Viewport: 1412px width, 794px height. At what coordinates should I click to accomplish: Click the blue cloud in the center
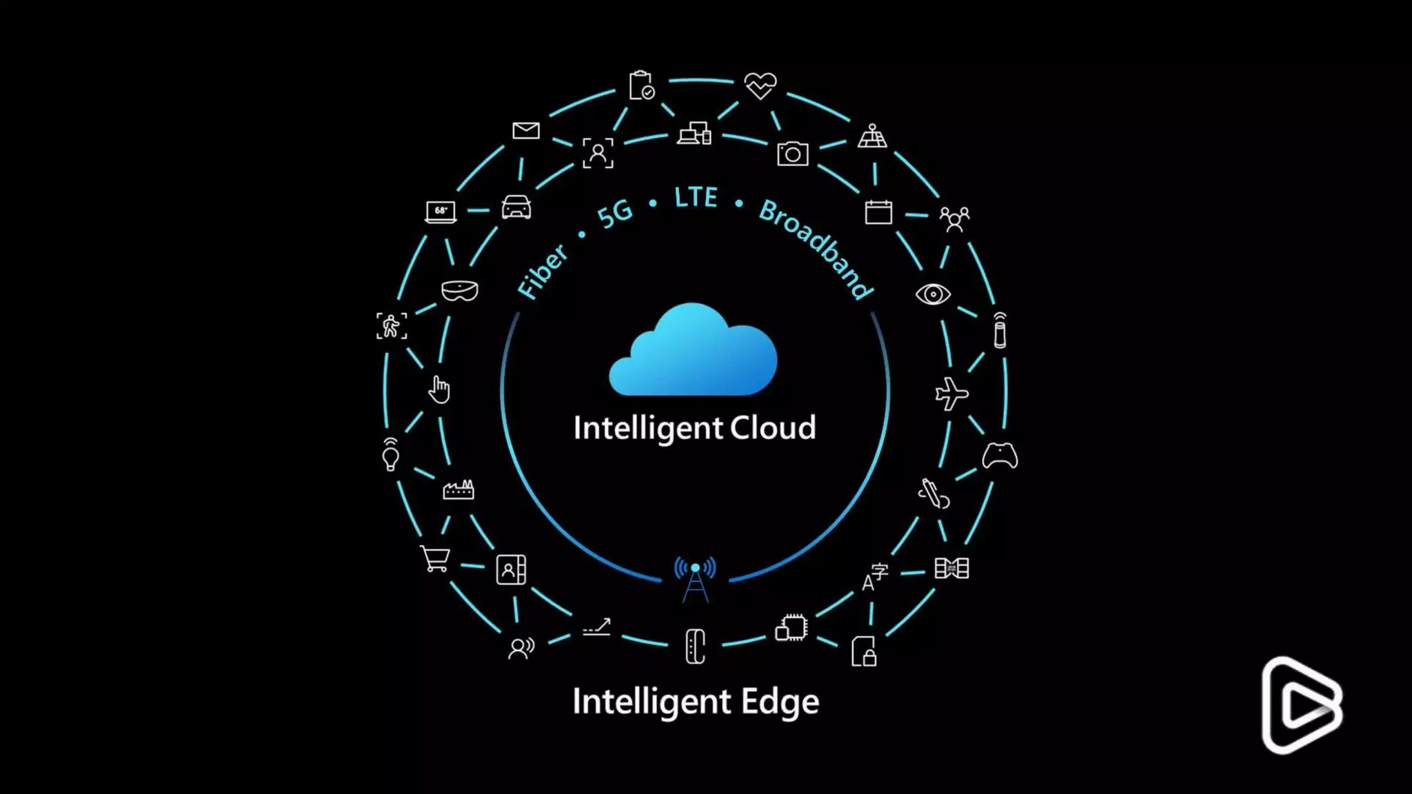pyautogui.click(x=693, y=353)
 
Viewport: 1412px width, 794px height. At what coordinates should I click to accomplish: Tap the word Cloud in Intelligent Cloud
pyautogui.click(x=773, y=428)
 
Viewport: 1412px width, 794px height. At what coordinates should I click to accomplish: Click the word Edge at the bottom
pyautogui.click(x=780, y=702)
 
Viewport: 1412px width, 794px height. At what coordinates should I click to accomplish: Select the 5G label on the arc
pyautogui.click(x=614, y=214)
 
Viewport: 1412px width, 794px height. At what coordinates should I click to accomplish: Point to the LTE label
pyautogui.click(x=696, y=198)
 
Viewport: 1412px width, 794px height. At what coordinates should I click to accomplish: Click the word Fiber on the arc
pyautogui.click(x=543, y=272)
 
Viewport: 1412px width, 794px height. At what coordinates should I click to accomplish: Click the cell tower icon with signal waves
pyautogui.click(x=695, y=579)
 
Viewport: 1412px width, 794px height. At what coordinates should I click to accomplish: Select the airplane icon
pyautogui.click(x=951, y=394)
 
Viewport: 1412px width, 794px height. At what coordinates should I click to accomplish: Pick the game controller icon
pyautogui.click(x=1000, y=456)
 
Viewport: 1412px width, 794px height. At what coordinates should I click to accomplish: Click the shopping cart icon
pyautogui.click(x=435, y=558)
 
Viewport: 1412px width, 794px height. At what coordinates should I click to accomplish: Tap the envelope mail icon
pyautogui.click(x=526, y=130)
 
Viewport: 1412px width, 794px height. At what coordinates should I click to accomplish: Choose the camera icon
pyautogui.click(x=793, y=154)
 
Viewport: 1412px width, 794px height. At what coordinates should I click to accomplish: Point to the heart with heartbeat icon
pyautogui.click(x=760, y=86)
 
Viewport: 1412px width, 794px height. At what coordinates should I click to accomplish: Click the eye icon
pyautogui.click(x=933, y=294)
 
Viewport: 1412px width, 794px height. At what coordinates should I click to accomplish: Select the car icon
pyautogui.click(x=516, y=207)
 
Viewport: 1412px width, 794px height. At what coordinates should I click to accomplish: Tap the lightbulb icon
pyautogui.click(x=390, y=455)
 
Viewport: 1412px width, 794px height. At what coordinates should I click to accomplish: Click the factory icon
pyautogui.click(x=458, y=489)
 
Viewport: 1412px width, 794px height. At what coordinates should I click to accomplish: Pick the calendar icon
pyautogui.click(x=878, y=212)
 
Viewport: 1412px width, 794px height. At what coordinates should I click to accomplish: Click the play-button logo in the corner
pyautogui.click(x=1302, y=705)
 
